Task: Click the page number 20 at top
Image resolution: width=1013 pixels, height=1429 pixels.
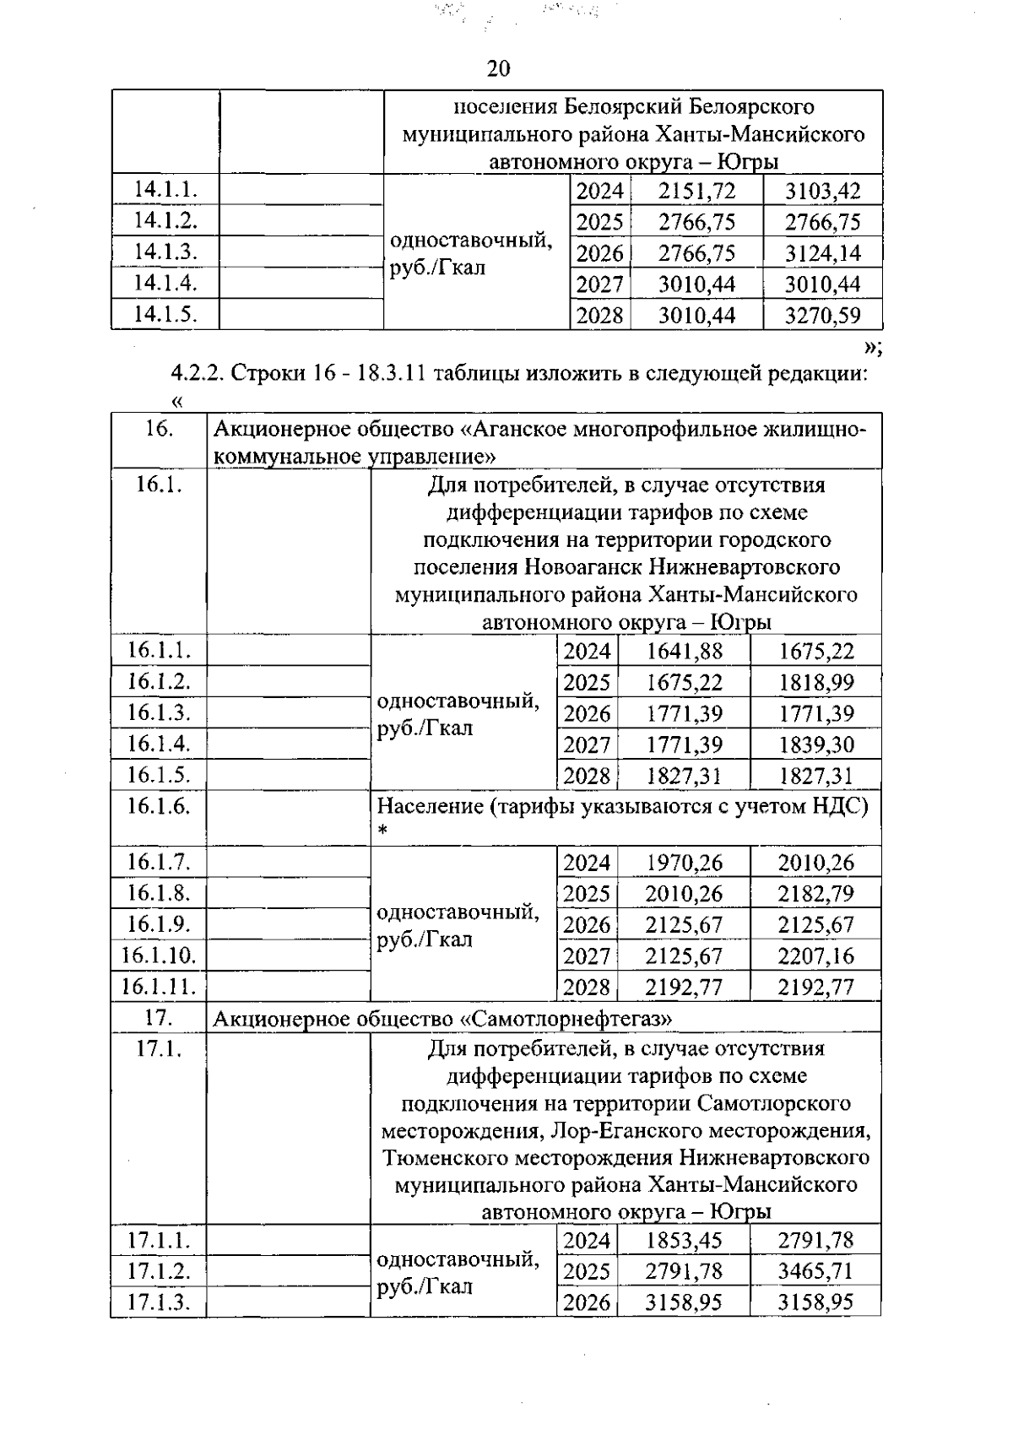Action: (x=499, y=68)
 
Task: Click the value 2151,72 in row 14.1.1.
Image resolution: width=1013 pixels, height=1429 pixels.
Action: (x=696, y=191)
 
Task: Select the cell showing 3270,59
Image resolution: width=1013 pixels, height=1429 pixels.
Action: (x=822, y=316)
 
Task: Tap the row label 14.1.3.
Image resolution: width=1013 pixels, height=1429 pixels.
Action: (x=165, y=252)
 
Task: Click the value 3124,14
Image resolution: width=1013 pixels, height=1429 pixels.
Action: (x=822, y=253)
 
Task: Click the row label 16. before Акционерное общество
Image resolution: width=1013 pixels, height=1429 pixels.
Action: (x=159, y=429)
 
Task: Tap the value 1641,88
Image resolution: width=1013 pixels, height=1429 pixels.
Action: (x=685, y=651)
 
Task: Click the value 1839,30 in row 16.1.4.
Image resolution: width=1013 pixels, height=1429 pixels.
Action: (x=815, y=744)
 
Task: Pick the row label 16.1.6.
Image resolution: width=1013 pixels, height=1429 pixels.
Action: (x=159, y=805)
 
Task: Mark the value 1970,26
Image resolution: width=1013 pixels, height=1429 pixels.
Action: (x=684, y=863)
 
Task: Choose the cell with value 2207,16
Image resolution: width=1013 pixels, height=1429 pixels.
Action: (x=815, y=956)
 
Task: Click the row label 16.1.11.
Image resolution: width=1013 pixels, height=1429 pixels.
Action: (x=159, y=987)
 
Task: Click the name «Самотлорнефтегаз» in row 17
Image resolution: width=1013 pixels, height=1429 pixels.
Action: (x=566, y=1019)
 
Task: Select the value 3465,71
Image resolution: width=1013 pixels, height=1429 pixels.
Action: (x=815, y=1271)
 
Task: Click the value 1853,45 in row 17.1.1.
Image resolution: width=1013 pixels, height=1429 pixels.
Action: (x=684, y=1240)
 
